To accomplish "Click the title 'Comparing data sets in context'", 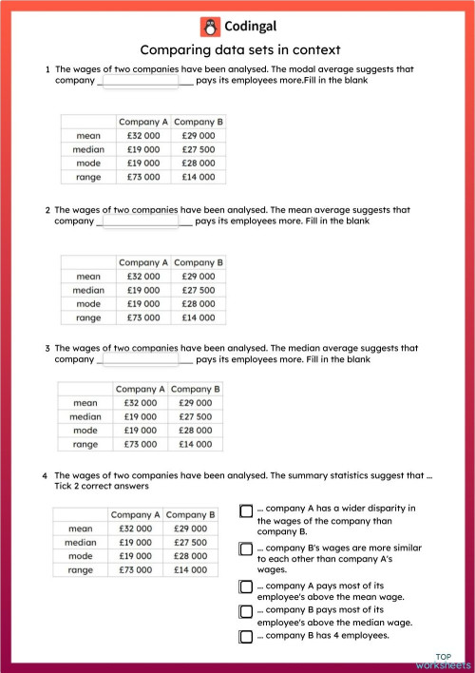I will click(x=239, y=50).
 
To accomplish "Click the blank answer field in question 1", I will click(x=140, y=82).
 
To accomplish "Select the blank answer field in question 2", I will click(x=140, y=221).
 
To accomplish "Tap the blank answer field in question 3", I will click(x=140, y=360).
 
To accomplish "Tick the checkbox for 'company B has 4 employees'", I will click(x=246, y=636).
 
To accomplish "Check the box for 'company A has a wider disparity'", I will click(x=246, y=510).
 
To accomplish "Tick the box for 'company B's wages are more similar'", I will click(x=246, y=548).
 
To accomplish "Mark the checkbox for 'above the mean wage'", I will click(x=246, y=586).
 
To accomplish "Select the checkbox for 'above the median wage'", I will click(x=246, y=610).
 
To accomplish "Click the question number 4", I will click(x=45, y=474).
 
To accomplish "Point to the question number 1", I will click(x=47, y=69).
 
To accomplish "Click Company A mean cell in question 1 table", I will click(x=142, y=136).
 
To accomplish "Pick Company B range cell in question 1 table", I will click(x=199, y=177).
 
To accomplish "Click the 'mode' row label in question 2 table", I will click(x=88, y=304).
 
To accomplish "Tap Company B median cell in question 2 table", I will click(x=199, y=290).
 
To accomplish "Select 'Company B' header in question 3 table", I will click(x=196, y=389).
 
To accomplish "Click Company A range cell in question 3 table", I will click(x=140, y=444).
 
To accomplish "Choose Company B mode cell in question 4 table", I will click(x=191, y=556).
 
